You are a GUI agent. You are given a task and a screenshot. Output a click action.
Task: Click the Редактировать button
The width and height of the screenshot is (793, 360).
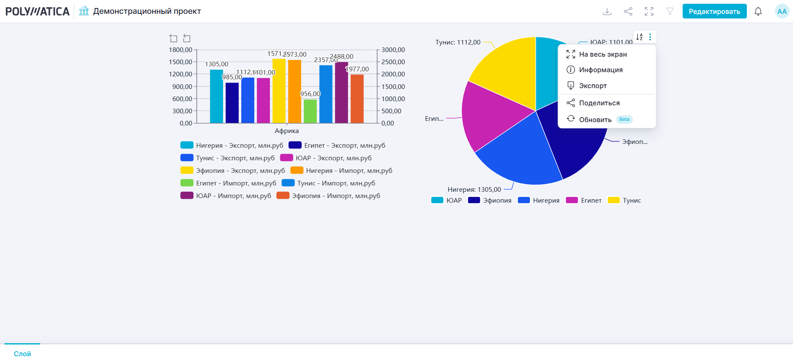pos(714,11)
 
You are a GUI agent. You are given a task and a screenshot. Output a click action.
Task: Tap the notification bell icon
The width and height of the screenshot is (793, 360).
pos(758,11)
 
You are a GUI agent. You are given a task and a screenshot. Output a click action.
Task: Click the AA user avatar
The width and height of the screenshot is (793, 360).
pos(782,11)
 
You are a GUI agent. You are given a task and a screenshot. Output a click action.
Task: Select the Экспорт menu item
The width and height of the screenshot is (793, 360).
pos(592,86)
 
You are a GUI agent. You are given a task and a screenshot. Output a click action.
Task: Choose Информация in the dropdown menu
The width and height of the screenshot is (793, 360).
pos(600,70)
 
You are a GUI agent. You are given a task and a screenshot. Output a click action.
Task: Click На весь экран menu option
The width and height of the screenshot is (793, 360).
pos(603,54)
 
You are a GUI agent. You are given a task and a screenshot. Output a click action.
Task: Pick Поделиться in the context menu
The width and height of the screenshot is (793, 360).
pos(599,103)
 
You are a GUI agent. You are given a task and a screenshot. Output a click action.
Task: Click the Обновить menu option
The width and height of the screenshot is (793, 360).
pos(595,120)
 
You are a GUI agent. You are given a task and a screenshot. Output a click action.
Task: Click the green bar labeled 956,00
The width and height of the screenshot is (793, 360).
pos(310,111)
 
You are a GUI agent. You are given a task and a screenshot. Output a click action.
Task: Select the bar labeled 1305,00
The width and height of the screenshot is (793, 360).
pos(217,97)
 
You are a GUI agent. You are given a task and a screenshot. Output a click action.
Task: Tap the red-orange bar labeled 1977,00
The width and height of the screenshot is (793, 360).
pos(357,99)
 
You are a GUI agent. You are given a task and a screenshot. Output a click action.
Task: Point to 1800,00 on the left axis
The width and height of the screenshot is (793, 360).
pos(180,50)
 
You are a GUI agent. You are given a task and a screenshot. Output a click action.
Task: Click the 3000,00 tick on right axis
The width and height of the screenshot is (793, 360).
pos(393,50)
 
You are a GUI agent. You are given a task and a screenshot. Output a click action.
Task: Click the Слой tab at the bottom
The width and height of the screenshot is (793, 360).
pos(22,354)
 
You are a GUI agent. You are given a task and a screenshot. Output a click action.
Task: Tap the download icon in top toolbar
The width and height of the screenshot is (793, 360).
pos(607,11)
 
